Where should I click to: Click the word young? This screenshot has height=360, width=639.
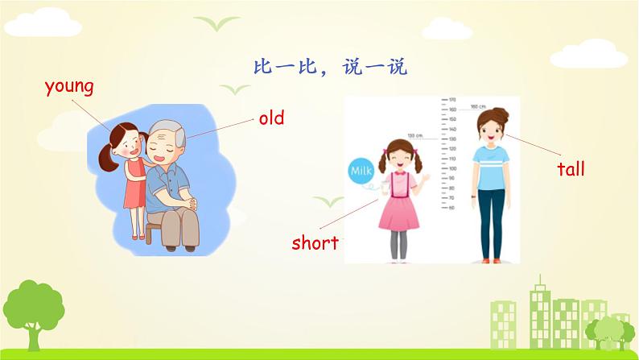point(70,86)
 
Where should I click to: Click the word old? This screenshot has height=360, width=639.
point(271,118)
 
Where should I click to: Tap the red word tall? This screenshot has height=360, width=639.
point(571,168)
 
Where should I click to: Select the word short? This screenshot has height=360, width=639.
point(315,242)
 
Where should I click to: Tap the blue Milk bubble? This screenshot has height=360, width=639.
point(360,171)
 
